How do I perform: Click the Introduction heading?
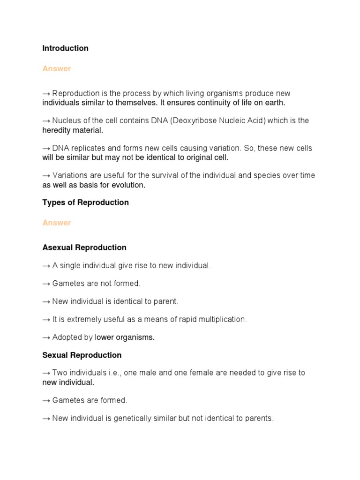(65, 48)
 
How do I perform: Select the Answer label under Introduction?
(56, 69)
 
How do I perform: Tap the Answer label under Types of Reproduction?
(56, 223)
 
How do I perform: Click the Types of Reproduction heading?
(85, 202)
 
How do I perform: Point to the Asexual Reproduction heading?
(84, 247)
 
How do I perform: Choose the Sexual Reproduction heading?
(82, 355)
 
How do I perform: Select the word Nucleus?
(67, 121)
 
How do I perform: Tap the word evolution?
(128, 185)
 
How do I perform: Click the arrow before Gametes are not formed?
(46, 284)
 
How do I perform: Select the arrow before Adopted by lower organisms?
(46, 337)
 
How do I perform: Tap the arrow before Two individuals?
(46, 373)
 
